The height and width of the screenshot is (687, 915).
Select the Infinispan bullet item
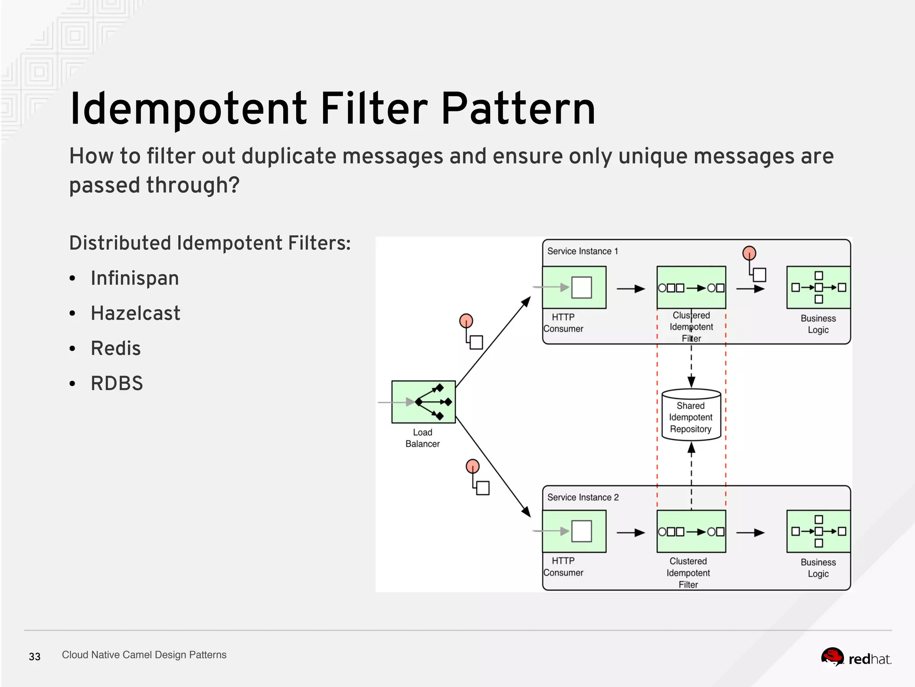[x=134, y=278]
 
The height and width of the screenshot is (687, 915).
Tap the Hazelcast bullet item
[x=135, y=313]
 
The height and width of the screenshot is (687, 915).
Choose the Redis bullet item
[x=116, y=348]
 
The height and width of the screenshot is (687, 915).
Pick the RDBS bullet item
[x=117, y=383]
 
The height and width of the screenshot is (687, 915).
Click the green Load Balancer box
[x=423, y=402]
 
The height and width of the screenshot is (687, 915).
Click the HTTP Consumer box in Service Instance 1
[x=574, y=288]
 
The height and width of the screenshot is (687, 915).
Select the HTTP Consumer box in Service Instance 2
[x=574, y=531]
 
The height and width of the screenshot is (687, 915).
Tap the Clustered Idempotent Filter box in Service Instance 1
[x=691, y=288]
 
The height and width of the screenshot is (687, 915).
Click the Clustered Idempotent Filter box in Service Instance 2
[x=691, y=531]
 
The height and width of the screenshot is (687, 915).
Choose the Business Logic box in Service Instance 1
[x=818, y=288]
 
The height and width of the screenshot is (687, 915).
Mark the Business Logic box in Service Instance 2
[x=818, y=531]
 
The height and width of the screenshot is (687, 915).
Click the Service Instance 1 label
[x=582, y=251]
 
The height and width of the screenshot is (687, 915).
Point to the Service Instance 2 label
[x=583, y=497]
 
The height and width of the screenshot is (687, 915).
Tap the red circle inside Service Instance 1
[x=749, y=253]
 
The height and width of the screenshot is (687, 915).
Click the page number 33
[x=34, y=657]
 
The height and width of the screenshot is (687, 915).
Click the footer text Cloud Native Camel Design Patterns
[x=144, y=655]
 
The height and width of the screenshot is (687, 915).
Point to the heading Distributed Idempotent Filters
[x=210, y=243]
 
